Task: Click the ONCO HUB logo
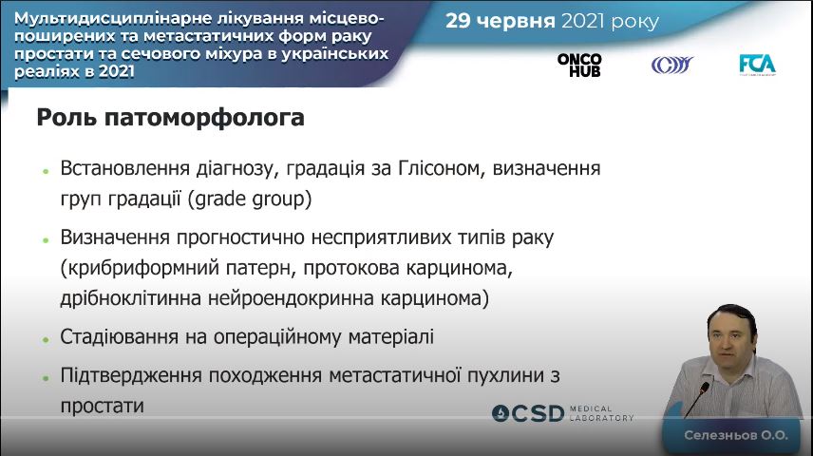579,65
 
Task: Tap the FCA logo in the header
757,65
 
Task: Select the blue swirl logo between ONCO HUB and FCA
672,65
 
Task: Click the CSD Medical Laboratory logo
562,413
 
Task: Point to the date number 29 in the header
458,21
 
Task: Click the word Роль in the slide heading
66,117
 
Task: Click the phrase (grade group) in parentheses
250,199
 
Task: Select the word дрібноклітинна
131,298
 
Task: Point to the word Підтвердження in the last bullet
131,375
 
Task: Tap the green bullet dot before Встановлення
46,171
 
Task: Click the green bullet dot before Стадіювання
46,339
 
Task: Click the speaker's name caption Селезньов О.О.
736,435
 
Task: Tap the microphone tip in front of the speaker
704,387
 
